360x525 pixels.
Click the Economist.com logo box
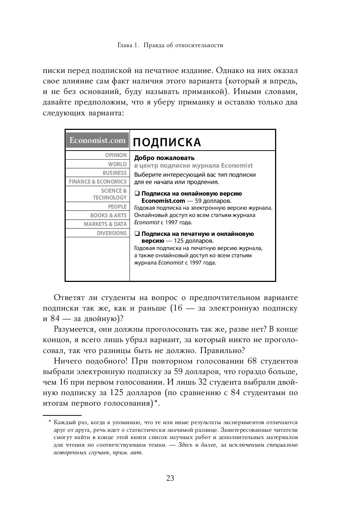point(97,141)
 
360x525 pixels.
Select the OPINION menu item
point(116,155)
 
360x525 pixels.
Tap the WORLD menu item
point(117,164)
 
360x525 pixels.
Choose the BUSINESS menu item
point(115,173)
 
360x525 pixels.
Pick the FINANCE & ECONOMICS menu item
point(98,182)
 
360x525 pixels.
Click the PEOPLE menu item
point(117,207)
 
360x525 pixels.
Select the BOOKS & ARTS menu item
point(109,216)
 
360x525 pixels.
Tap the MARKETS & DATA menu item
point(105,224)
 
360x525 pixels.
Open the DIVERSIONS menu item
point(112,233)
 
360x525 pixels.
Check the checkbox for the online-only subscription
point(137,194)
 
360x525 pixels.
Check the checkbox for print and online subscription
point(137,234)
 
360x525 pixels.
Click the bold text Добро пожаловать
point(164,158)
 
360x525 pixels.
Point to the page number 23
point(170,478)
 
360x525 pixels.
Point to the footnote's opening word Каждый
point(62,422)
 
